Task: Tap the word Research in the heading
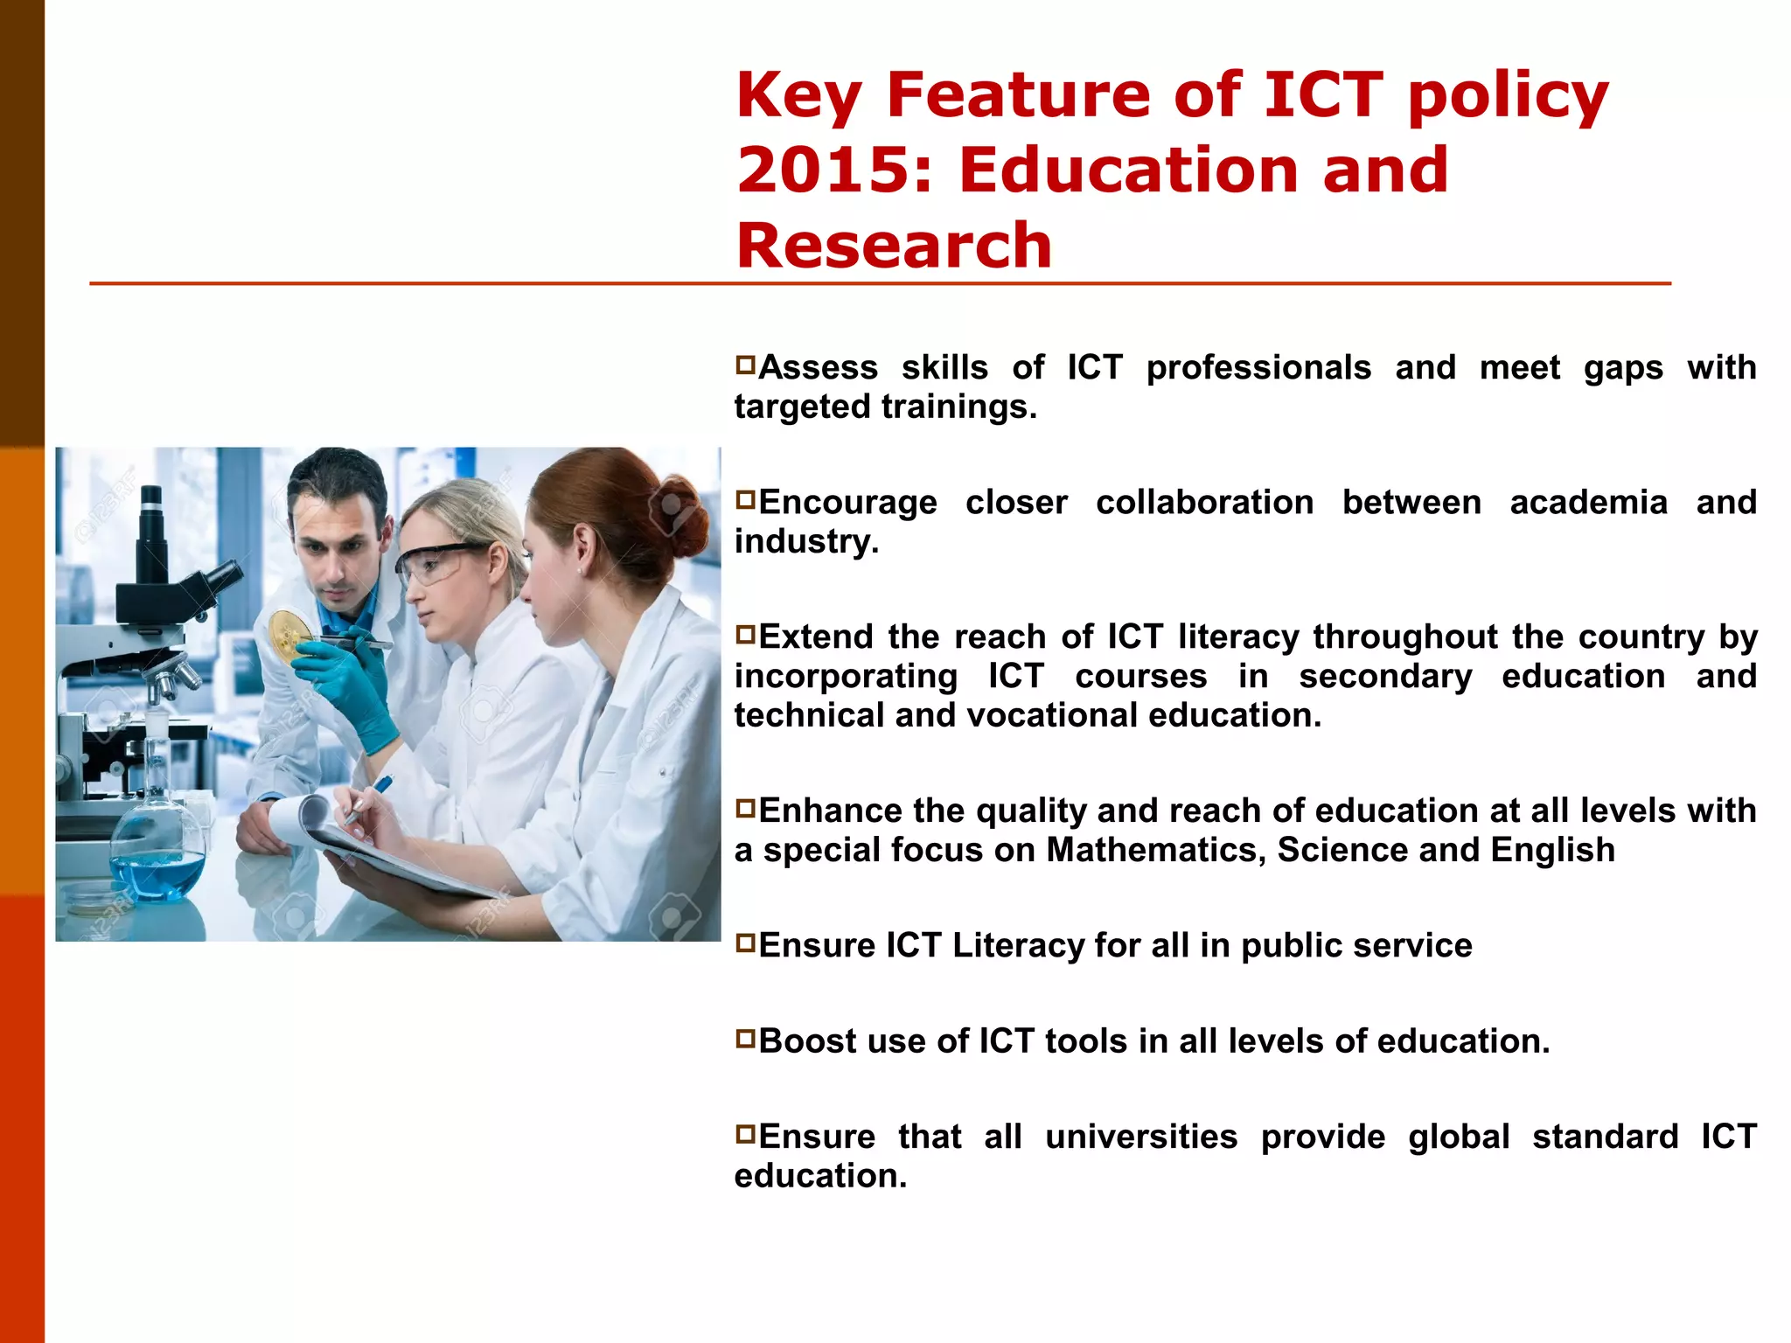point(894,246)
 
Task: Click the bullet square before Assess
point(745,364)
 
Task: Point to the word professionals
point(1258,368)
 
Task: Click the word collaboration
point(1204,503)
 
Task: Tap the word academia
point(1588,503)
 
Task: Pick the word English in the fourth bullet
point(1552,850)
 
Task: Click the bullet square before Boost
point(745,1038)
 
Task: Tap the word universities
point(1141,1137)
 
